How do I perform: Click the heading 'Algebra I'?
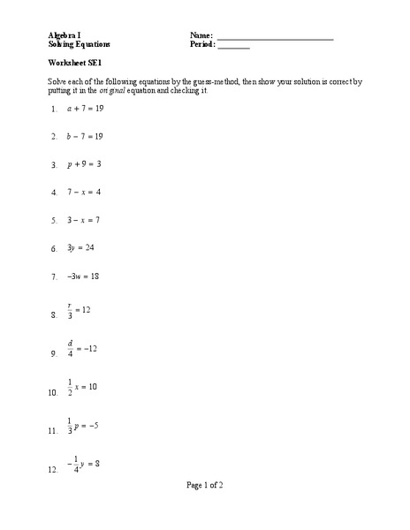click(65, 34)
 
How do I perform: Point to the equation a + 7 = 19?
click(85, 110)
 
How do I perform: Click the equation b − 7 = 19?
click(85, 137)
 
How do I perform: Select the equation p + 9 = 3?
click(84, 164)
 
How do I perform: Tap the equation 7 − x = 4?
click(84, 192)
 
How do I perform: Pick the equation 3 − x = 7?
click(84, 219)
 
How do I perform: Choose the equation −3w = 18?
click(82, 276)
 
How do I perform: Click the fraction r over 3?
click(70, 310)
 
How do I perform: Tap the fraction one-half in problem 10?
click(70, 387)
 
